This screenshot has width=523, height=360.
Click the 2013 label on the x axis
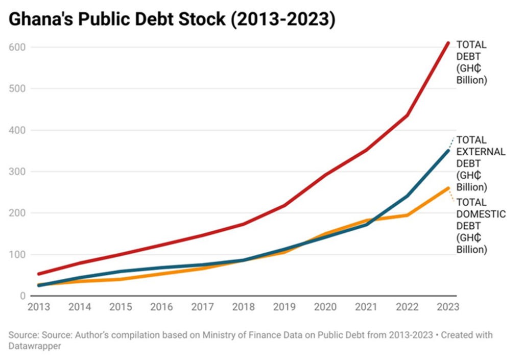39,307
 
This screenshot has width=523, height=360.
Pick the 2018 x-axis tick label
243,307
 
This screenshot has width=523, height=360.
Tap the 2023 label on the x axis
448,307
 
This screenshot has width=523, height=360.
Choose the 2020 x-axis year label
325,307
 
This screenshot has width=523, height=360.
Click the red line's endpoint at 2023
448,43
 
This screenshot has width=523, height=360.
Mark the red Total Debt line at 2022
407,115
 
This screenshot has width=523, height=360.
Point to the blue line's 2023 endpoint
448,151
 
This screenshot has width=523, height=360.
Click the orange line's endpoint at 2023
448,188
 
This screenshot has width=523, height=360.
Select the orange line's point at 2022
407,215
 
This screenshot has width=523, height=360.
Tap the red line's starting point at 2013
39,274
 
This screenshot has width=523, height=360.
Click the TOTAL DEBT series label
471,63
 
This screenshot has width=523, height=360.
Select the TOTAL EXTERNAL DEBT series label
480,163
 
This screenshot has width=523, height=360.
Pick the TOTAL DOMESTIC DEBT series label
480,226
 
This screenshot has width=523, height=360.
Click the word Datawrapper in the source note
33,346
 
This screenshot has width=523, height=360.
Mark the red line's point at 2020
325,175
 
